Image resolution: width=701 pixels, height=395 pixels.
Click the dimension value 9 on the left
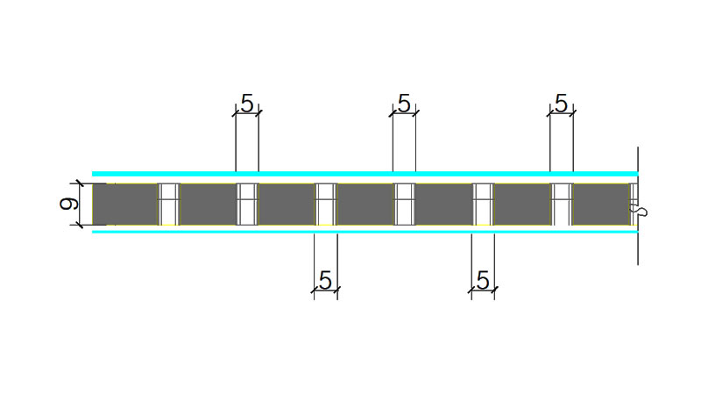click(x=67, y=205)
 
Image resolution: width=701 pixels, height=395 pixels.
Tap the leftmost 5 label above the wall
click(x=246, y=104)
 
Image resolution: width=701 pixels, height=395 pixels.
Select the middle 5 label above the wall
click(x=403, y=104)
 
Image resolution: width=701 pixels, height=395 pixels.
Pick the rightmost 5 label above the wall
click(x=561, y=104)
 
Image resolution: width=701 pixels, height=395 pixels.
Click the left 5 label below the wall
click(x=325, y=281)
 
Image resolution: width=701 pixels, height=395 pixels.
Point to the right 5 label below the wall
click(x=482, y=281)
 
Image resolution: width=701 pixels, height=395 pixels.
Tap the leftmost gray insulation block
click(x=125, y=205)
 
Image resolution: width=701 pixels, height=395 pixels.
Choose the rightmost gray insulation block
click(x=600, y=205)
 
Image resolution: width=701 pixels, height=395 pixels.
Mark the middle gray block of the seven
click(x=365, y=205)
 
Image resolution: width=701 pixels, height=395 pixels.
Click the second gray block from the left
click(x=209, y=205)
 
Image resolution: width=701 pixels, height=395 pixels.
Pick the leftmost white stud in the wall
click(x=169, y=205)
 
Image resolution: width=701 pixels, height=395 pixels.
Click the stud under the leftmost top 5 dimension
click(x=247, y=205)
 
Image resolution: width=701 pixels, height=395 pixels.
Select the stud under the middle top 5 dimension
click(x=404, y=205)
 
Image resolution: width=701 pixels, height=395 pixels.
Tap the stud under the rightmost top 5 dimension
click(x=561, y=205)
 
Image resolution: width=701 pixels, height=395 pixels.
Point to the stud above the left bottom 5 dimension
click(x=325, y=205)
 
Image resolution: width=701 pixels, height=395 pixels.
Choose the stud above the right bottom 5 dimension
click(x=483, y=205)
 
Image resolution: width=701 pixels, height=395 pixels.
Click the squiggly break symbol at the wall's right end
click(x=641, y=211)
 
